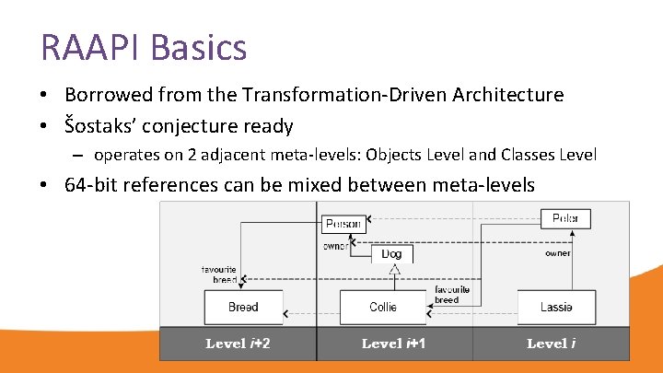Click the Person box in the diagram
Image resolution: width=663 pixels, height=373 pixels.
coord(343,223)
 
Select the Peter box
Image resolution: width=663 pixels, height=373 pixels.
coord(565,218)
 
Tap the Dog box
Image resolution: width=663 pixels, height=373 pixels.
coord(391,253)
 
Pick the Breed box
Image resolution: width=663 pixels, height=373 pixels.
coord(243,307)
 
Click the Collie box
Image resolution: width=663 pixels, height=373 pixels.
coord(382,307)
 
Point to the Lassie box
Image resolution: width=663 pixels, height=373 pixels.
coord(556,307)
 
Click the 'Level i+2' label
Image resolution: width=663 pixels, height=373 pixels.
coord(238,344)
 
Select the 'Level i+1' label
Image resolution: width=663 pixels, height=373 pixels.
coord(395,344)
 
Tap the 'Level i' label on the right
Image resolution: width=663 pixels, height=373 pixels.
coord(552,344)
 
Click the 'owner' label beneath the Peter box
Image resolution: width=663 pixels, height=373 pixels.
coord(557,253)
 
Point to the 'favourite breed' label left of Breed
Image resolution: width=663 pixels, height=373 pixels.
coord(219,274)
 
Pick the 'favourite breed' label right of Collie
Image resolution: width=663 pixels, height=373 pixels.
coord(451,294)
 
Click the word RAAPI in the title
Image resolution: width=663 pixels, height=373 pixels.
coord(90,47)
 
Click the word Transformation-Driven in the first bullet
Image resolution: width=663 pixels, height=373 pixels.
coord(355,94)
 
